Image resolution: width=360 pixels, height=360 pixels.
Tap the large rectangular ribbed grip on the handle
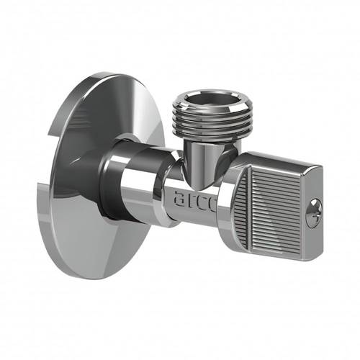point(276,211)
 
